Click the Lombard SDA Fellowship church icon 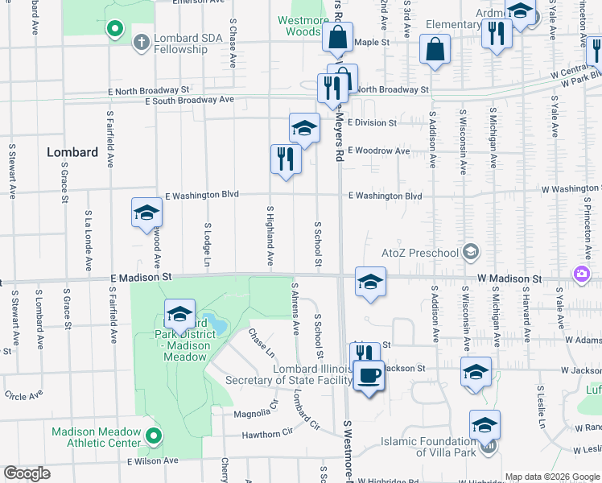click(141, 41)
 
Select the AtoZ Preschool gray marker click(471, 253)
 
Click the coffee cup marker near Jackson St click(369, 376)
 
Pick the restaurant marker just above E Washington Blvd click(286, 158)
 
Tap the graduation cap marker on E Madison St click(369, 282)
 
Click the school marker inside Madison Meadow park click(179, 314)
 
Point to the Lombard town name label click(72, 152)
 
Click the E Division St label click(372, 123)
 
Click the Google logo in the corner click(27, 473)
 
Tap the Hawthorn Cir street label click(267, 433)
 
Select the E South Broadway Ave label click(189, 100)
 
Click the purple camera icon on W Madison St click(581, 276)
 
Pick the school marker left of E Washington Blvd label click(147, 213)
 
